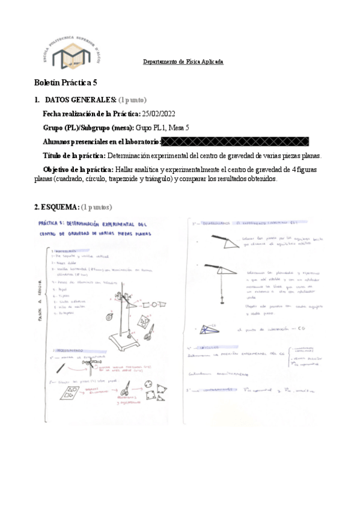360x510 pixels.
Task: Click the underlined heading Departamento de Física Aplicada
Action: click(183, 62)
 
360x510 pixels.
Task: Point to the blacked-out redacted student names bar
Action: click(236, 142)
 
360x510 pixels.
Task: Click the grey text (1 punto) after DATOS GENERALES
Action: click(132, 99)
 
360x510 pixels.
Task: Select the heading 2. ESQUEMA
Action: click(56, 207)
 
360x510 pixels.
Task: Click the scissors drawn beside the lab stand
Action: click(148, 330)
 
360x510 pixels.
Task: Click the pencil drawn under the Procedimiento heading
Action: click(64, 366)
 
